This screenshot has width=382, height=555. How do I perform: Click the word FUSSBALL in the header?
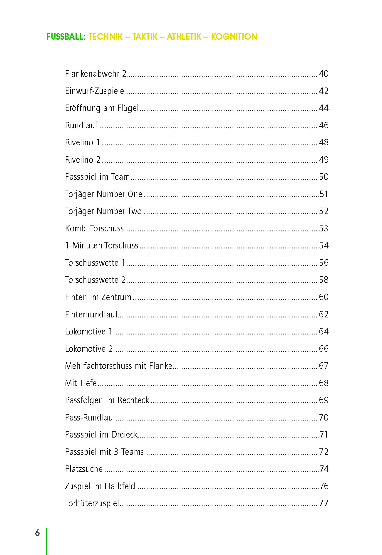pyautogui.click(x=66, y=37)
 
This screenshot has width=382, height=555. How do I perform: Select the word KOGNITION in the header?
pyautogui.click(x=234, y=37)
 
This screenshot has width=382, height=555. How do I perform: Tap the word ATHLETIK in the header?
pyautogui.click(x=184, y=37)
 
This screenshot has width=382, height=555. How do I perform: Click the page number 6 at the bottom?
pyautogui.click(x=37, y=533)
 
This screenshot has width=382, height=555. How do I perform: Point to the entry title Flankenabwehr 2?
pyautogui.click(x=95, y=74)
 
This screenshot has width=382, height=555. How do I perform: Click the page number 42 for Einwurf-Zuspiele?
pyautogui.click(x=324, y=91)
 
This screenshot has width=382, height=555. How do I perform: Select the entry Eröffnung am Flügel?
pyautogui.click(x=102, y=108)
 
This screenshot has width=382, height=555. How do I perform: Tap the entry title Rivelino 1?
pyautogui.click(x=83, y=142)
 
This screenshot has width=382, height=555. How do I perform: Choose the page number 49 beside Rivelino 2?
pyautogui.click(x=324, y=160)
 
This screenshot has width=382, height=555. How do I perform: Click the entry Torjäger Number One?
pyautogui.click(x=103, y=194)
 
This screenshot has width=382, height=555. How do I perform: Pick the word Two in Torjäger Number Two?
pyautogui.click(x=135, y=211)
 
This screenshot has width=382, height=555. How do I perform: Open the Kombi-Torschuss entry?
pyautogui.click(x=94, y=228)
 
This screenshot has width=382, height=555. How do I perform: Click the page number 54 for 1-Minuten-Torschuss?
pyautogui.click(x=324, y=245)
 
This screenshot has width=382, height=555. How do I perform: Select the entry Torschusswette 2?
pyautogui.click(x=95, y=280)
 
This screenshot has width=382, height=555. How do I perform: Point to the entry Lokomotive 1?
pyautogui.click(x=88, y=332)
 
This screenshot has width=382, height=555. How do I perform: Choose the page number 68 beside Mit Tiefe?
pyautogui.click(x=324, y=383)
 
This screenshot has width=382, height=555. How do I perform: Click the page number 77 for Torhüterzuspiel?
pyautogui.click(x=324, y=503)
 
